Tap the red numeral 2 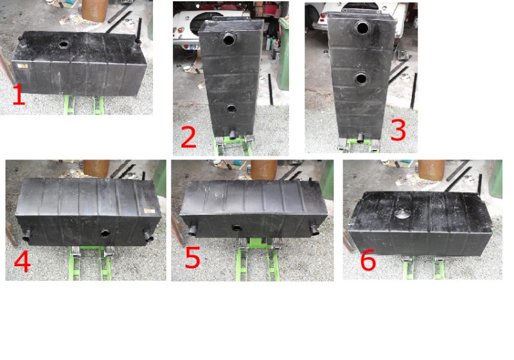click(188, 137)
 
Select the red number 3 click(398, 130)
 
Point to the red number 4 click(22, 262)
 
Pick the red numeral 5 click(193, 258)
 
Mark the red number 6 click(368, 260)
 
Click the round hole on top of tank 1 click(63, 44)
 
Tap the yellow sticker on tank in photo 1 click(22, 66)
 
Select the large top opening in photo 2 click(229, 39)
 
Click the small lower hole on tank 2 click(231, 109)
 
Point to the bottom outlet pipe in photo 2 click(233, 134)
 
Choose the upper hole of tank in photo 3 click(363, 28)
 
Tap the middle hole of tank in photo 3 click(360, 78)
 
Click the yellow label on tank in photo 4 click(150, 210)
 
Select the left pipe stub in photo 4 click(28, 233)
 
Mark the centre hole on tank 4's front click(105, 233)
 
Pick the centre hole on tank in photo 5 click(237, 228)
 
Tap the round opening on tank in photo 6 click(403, 213)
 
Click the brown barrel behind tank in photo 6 click(432, 170)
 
